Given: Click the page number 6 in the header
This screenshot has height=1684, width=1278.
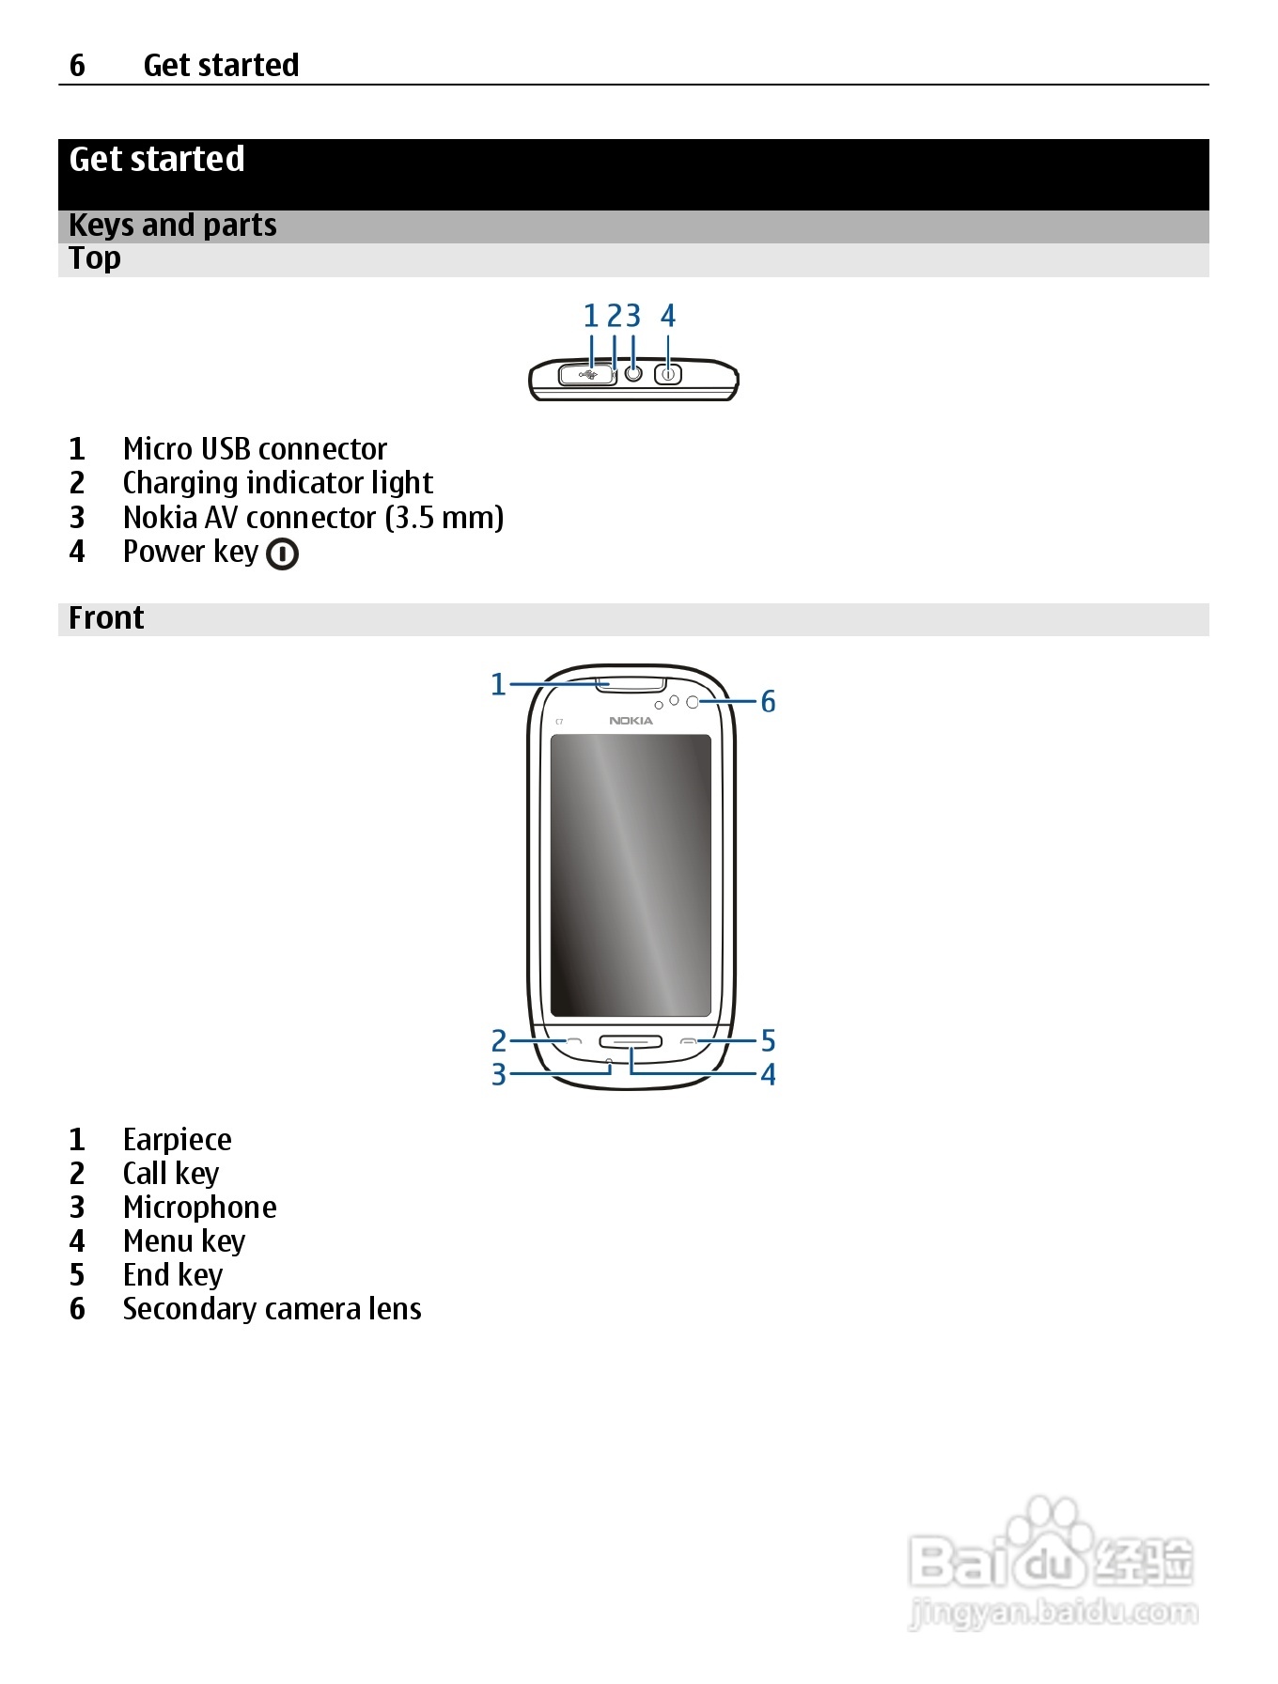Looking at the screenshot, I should coord(77,65).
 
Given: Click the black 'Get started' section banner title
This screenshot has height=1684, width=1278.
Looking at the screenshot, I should coord(157,160).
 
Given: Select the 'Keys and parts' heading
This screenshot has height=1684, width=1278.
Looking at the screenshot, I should coord(173,226).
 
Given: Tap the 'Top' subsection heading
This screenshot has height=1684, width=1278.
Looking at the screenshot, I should coord(95,258).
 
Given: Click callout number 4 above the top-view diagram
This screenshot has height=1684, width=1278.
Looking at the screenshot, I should coord(668,316).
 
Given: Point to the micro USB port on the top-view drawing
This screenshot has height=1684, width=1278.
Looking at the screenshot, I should coord(587,375).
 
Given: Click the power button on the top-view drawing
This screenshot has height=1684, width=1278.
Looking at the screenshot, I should coord(668,374).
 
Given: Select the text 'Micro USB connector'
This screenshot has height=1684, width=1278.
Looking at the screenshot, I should coord(255,449).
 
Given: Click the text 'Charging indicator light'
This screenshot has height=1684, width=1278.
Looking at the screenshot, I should coord(277,483).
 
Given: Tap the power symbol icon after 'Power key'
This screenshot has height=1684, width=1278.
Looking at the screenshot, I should coord(282,554).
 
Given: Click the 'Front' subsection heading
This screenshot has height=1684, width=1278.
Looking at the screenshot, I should coord(106,618).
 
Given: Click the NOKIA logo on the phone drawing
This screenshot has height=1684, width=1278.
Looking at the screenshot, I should coord(631,721).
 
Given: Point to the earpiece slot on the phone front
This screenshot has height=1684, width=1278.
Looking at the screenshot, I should coord(631,683).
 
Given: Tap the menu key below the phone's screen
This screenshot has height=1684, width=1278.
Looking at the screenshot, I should coord(631,1041).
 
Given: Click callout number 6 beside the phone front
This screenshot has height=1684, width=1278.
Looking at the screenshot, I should coord(768,702).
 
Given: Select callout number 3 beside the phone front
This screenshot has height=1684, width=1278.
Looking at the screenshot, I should coord(499,1074).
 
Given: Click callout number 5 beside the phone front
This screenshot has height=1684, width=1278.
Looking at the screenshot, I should coord(768,1041).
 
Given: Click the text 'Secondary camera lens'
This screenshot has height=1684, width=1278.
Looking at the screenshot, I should coord(272,1309).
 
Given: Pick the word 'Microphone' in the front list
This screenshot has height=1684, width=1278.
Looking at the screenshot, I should coord(199,1208).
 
